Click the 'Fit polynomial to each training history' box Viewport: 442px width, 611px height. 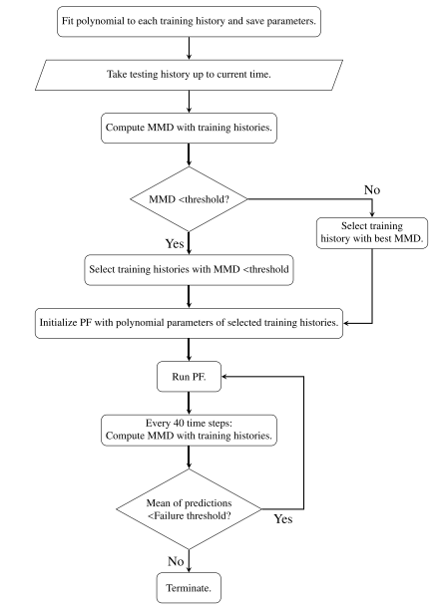(x=189, y=22)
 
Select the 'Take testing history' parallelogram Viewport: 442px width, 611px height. (x=189, y=75)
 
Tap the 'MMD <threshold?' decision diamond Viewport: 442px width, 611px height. (x=189, y=199)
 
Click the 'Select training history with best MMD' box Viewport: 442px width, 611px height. (x=372, y=232)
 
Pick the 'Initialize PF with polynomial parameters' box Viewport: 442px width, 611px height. (x=189, y=323)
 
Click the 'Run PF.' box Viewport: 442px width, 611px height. (x=189, y=377)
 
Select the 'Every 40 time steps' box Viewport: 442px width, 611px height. (x=189, y=430)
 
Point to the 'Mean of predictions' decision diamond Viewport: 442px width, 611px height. (x=189, y=509)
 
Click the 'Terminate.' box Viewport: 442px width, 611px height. (x=189, y=588)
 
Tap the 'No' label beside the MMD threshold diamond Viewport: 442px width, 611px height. (x=372, y=189)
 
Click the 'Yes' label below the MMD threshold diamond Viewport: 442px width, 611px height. (x=175, y=243)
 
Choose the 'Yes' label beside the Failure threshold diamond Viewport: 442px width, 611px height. (x=282, y=519)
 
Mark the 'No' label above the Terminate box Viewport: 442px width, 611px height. (x=176, y=561)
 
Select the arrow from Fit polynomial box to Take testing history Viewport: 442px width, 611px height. (x=189, y=48)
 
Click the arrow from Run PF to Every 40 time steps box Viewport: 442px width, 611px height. (x=189, y=404)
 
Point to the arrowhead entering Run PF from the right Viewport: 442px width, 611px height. (x=224, y=377)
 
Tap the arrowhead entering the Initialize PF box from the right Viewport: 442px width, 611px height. (x=346, y=323)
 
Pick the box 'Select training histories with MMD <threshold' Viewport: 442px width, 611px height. (x=189, y=270)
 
